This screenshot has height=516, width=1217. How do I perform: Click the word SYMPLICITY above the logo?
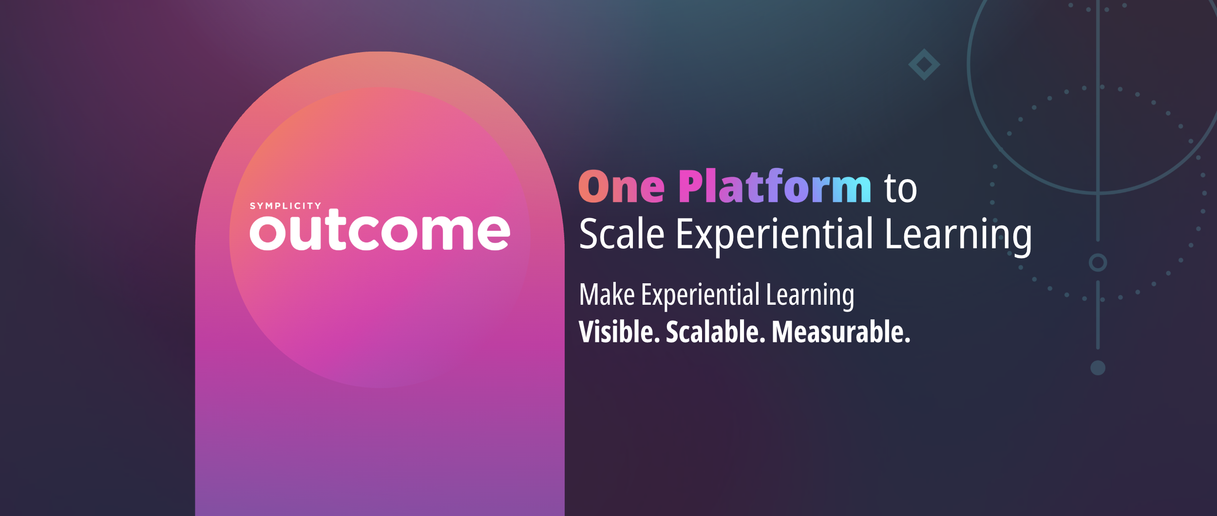[285, 206]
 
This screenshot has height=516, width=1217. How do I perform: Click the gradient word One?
[621, 187]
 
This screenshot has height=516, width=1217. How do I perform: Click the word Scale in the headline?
[622, 234]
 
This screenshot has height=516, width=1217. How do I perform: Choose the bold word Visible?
[619, 332]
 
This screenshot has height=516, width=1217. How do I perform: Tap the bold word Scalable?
[713, 332]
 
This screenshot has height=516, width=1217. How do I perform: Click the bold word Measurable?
[841, 332]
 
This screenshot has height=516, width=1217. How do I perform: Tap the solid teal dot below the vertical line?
[1098, 368]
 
